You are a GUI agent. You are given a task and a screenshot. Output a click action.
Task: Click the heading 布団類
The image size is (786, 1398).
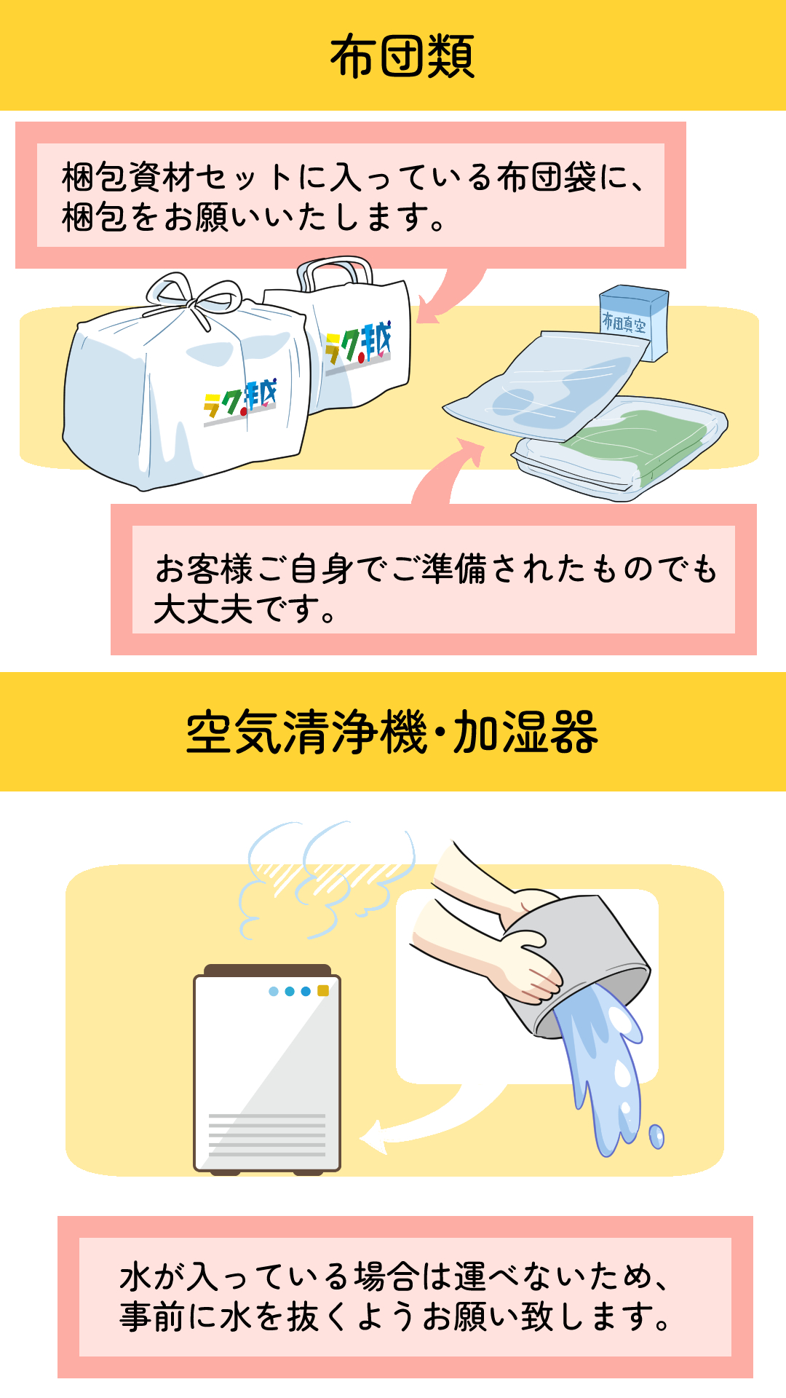coord(402,56)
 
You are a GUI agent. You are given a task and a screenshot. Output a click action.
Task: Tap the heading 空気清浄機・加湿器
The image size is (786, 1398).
coord(392,732)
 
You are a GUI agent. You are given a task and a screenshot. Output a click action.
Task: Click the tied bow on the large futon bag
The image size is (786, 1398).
coord(194,298)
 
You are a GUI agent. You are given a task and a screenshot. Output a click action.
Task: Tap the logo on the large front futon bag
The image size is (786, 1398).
coord(240,403)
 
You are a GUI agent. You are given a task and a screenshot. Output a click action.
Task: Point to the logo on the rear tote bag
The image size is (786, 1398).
coord(358,347)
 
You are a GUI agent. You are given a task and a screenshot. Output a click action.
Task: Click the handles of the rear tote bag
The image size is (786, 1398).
coord(334,272)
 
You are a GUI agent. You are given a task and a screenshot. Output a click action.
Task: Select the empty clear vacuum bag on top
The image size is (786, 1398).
coord(546,386)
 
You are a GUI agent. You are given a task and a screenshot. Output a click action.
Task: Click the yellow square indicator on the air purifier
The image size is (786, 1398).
coord(323,991)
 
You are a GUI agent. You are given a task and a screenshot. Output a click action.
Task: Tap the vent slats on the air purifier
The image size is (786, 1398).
coord(267,1134)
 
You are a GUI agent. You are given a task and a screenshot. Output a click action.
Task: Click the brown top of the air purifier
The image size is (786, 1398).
coord(267,970)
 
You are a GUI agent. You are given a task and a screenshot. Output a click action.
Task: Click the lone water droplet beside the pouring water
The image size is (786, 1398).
coord(656,1136)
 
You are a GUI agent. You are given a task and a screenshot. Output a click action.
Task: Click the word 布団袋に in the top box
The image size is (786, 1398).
coord(561,177)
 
